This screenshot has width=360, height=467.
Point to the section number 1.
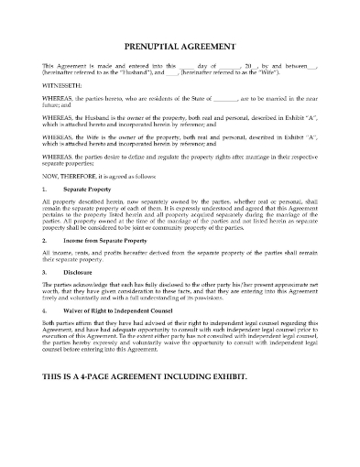46,189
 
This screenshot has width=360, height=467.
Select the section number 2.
46,241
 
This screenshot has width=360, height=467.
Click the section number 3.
46,273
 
